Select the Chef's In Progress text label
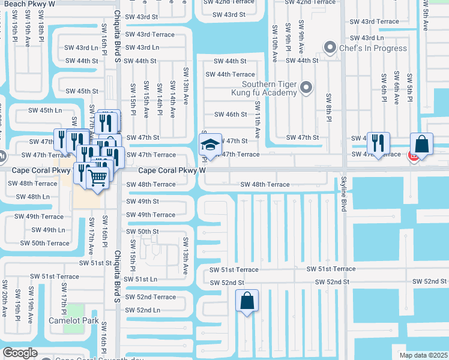(x=373, y=48)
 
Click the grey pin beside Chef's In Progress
(x=329, y=46)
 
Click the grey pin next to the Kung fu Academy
(x=306, y=88)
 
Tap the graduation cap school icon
(x=211, y=145)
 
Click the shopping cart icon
(x=97, y=176)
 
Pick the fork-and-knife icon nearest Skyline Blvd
(x=378, y=143)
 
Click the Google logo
(x=20, y=353)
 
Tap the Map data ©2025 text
(x=423, y=355)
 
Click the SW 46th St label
(x=231, y=114)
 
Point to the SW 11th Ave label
(x=257, y=120)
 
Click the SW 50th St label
(x=142, y=232)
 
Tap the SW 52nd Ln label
(x=142, y=310)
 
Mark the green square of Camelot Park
(x=74, y=311)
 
